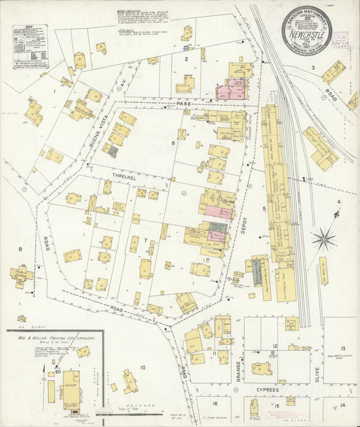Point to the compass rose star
pyautogui.click(x=325, y=238)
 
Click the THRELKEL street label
pyautogui.click(x=115, y=174)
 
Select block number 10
pyautogui.click(x=143, y=368)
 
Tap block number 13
pyautogui.click(x=343, y=348)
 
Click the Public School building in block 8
pyautogui.click(x=22, y=275)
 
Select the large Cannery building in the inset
pyautogui.click(x=71, y=384)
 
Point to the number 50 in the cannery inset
pyautogui.click(x=59, y=370)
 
